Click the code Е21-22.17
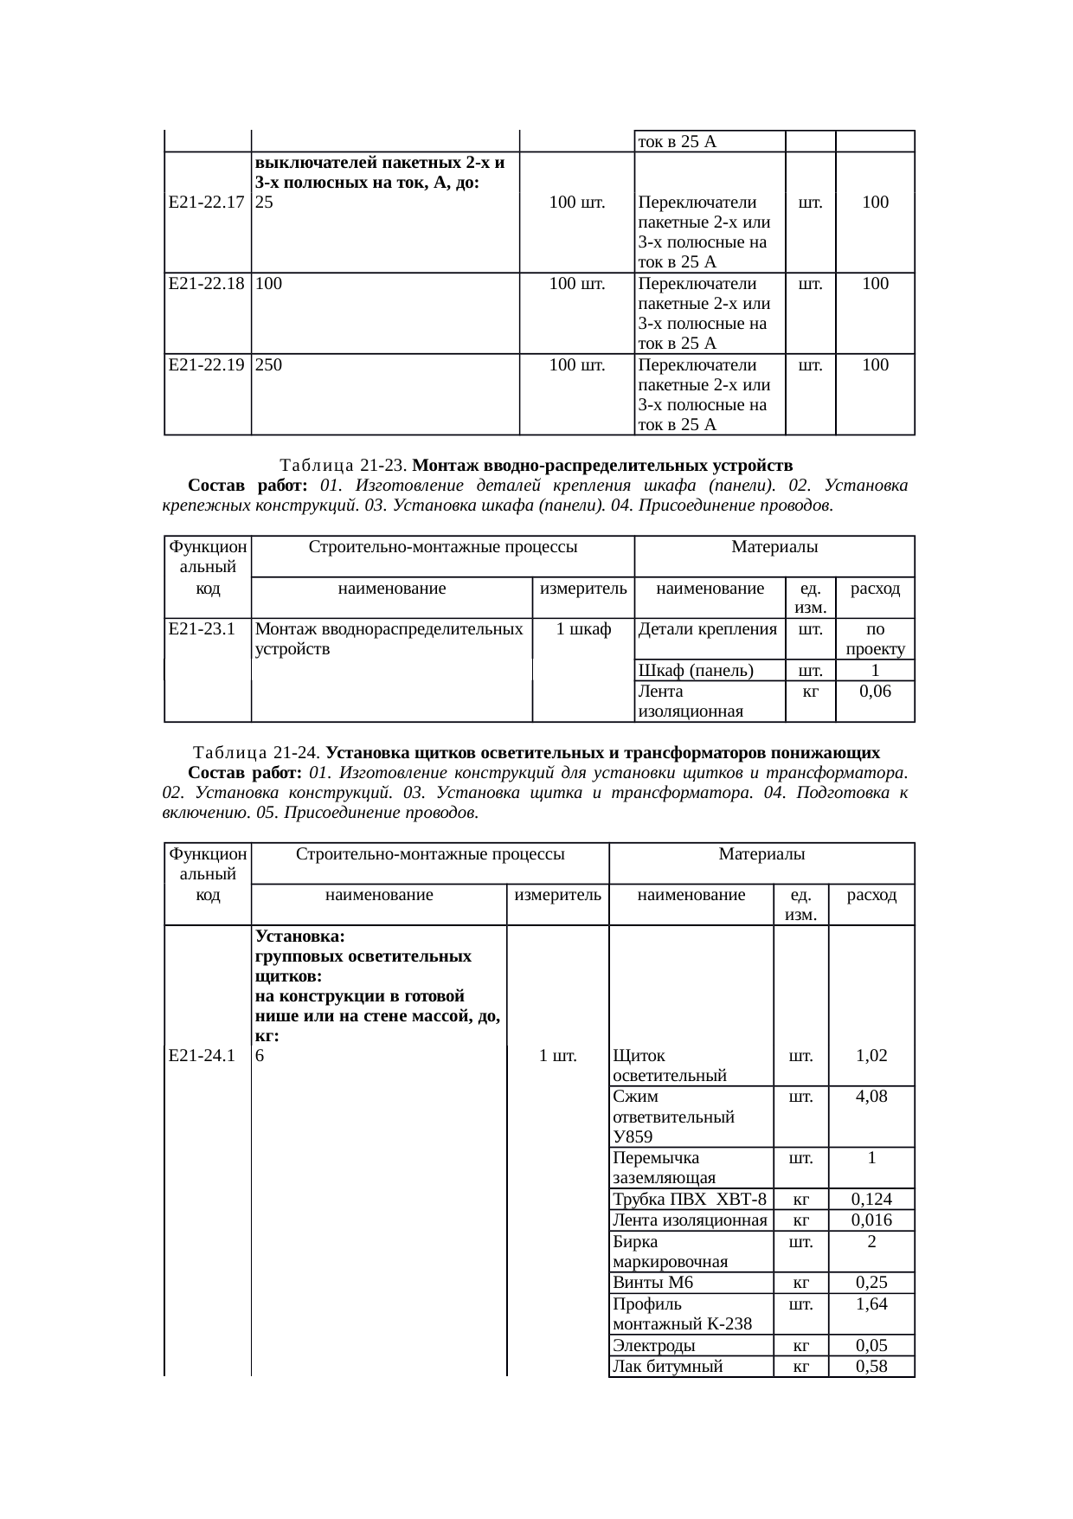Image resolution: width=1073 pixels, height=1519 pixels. coord(206,203)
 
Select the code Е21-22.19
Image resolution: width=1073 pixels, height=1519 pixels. coord(206,365)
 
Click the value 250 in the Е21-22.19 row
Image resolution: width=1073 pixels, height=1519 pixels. coord(268,365)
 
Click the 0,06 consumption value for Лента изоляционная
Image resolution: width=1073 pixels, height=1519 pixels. coord(875,692)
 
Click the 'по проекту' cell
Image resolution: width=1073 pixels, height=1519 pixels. coord(875,639)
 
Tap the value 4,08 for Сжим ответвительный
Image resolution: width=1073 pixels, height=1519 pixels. coord(871,1097)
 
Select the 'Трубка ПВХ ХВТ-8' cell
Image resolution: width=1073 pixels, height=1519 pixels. coord(689,1200)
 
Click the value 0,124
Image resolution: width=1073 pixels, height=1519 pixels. coord(871,1200)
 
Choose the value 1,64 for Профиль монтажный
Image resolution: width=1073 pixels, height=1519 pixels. coord(871,1304)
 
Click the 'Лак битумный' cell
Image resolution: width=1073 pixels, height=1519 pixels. coord(666,1367)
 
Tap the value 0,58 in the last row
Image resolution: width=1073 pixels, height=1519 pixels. coord(871,1367)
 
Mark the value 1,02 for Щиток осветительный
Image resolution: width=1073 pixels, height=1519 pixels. coord(871,1055)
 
